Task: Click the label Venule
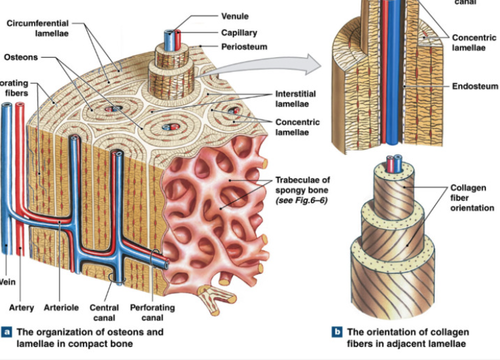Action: click(x=236, y=16)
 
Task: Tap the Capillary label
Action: click(x=239, y=32)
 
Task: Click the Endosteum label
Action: click(x=475, y=87)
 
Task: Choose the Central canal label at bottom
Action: click(x=105, y=312)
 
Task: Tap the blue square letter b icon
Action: click(x=336, y=333)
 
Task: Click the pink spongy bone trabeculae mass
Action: click(x=214, y=217)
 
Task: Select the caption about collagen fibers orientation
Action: click(x=407, y=338)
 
